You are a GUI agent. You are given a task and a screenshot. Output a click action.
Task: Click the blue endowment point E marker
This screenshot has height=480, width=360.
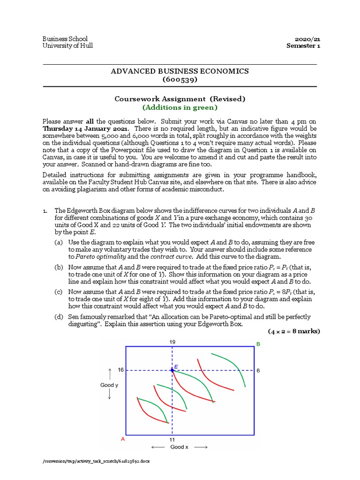point(172,370)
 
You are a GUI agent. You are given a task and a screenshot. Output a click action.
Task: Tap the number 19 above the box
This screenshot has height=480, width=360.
point(172,342)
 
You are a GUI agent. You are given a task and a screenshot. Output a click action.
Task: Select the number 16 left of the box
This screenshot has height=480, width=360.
point(120,370)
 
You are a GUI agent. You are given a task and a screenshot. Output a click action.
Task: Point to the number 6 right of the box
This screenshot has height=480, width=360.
point(258,370)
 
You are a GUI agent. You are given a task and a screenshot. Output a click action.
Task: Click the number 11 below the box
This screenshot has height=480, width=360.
point(172,440)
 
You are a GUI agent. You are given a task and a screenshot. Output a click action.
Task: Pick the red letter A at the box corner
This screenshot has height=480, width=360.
point(123,440)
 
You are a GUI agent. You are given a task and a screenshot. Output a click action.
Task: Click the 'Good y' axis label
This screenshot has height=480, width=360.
point(109,385)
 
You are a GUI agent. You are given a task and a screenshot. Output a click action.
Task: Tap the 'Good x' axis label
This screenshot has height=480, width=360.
point(180,447)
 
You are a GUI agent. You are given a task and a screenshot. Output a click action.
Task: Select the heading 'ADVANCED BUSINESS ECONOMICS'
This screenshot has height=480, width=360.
point(180,71)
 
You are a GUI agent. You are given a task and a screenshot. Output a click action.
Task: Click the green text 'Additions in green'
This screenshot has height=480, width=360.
point(180,107)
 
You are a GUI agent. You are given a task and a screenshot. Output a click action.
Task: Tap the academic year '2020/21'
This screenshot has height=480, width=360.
point(308,38)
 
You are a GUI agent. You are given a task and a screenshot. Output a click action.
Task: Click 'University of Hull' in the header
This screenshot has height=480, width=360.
point(67,45)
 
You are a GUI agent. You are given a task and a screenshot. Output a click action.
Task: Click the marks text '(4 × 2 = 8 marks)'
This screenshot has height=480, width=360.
point(294,331)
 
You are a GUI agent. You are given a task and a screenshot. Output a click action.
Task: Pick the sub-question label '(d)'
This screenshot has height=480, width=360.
point(59,317)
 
